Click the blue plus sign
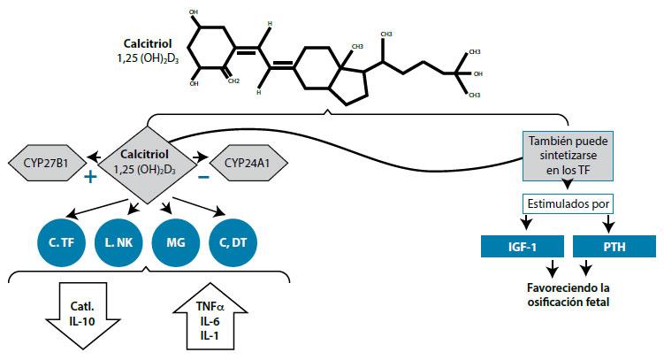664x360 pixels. point(89,176)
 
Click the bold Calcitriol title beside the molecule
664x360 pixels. point(149,42)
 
